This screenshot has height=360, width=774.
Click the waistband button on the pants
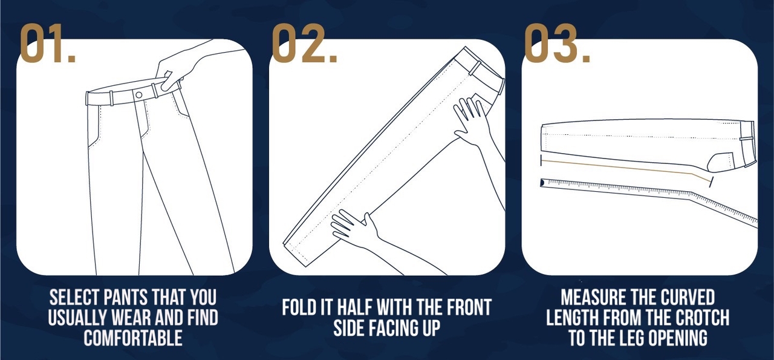(139, 95)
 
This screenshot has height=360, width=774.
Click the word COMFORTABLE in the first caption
(133, 338)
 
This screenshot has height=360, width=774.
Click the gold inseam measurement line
(626, 168)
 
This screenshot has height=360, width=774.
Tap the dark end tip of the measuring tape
(542, 182)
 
